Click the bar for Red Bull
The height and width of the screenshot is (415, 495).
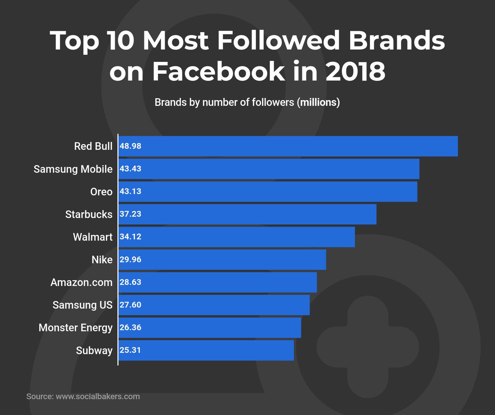click(x=288, y=146)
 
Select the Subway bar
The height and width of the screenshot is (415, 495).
click(x=206, y=350)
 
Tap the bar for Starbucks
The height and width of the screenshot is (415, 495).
click(x=247, y=214)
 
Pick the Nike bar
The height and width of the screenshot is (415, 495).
click(x=222, y=259)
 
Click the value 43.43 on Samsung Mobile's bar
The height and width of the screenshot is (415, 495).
click(x=131, y=169)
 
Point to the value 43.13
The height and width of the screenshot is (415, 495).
click(x=131, y=192)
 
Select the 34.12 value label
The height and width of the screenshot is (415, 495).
click(x=131, y=237)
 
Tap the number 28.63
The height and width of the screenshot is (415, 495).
click(x=131, y=283)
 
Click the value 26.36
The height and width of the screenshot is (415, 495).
click(x=131, y=328)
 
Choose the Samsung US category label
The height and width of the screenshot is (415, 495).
click(x=82, y=305)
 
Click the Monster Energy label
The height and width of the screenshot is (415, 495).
click(x=75, y=328)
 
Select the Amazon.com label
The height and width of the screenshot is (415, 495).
click(x=81, y=283)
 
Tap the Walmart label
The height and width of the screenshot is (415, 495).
click(x=92, y=237)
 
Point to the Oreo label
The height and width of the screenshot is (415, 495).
click(x=101, y=192)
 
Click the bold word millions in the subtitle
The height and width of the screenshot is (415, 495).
click(x=318, y=103)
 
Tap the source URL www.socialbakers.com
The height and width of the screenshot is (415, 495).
click(x=98, y=396)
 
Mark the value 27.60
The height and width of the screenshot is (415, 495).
click(x=131, y=305)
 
